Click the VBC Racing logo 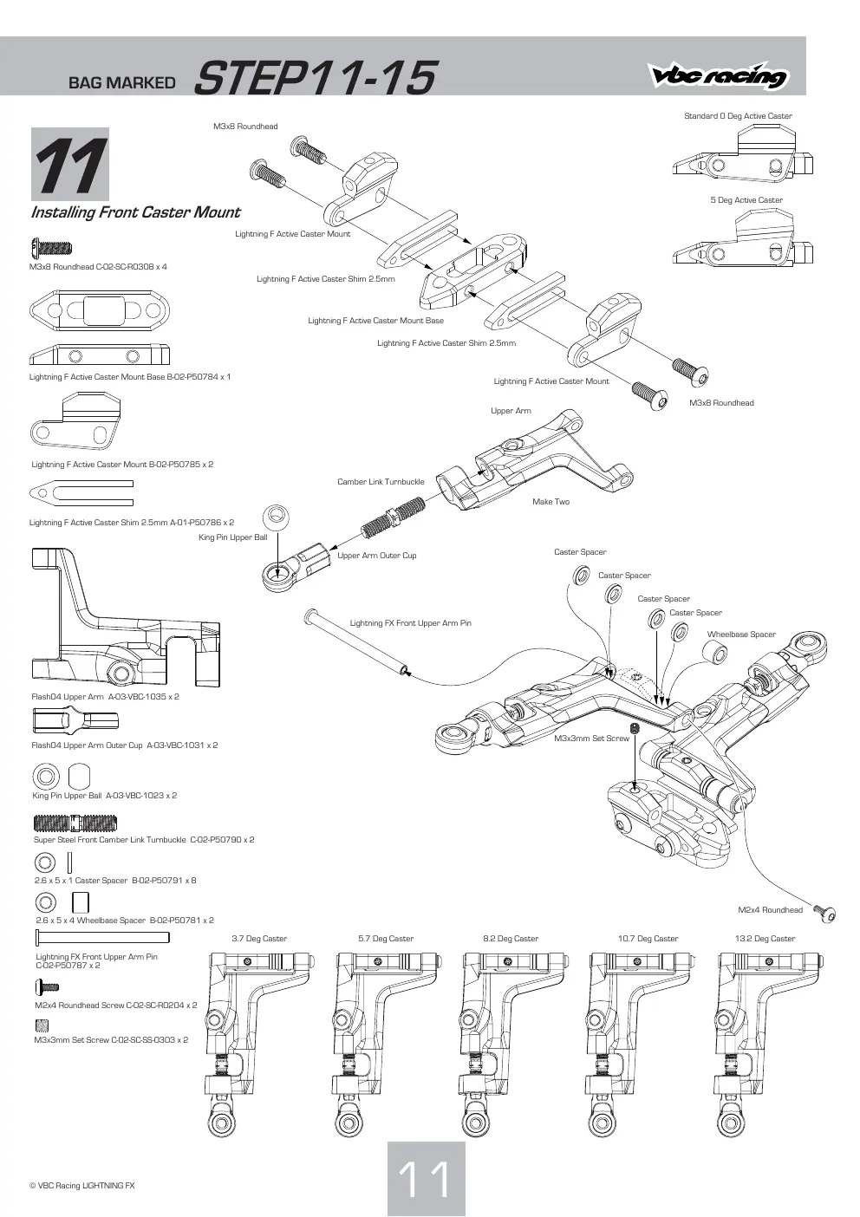717,75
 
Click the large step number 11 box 70,164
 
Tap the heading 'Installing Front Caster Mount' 135,212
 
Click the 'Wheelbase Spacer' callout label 741,634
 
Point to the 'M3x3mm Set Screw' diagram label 591,739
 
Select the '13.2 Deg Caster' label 765,938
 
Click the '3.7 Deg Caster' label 259,938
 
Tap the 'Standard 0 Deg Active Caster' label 738,116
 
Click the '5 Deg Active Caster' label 746,200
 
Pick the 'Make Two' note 551,502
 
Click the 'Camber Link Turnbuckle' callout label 381,481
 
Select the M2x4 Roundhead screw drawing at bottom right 824,914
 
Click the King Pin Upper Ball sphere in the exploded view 276,517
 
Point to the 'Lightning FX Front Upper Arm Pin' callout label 410,622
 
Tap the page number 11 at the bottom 426,1178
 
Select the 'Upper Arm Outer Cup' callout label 376,556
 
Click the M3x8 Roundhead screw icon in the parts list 52,248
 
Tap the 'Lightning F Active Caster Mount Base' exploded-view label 375,321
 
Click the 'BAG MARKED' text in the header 121,82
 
